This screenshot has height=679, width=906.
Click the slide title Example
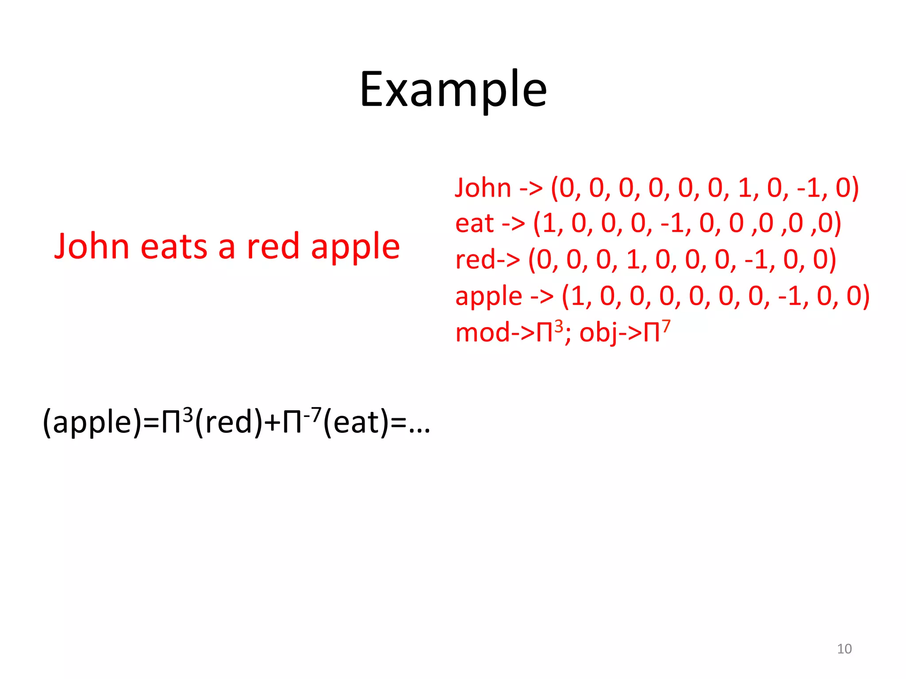tap(453, 91)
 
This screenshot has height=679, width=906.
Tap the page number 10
tap(844, 648)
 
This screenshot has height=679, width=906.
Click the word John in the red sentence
tap(92, 246)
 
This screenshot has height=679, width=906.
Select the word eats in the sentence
tap(173, 246)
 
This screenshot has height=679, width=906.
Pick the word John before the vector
tap(483, 187)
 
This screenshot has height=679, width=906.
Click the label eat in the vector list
tap(474, 223)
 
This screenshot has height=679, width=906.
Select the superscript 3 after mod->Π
tap(559, 326)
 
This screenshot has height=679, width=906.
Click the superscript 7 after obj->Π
tap(666, 326)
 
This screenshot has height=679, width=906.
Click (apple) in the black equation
tap(92, 422)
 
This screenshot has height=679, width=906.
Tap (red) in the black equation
tap(229, 422)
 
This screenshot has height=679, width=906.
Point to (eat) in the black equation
tap(357, 422)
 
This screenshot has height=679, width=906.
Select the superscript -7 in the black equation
tap(312, 415)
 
